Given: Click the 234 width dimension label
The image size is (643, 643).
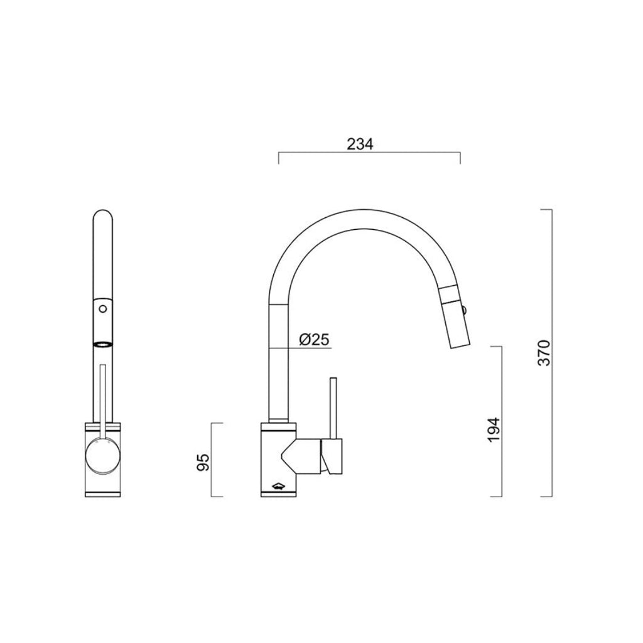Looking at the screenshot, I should [x=360, y=144].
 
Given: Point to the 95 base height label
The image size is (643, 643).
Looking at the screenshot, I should [x=203, y=461].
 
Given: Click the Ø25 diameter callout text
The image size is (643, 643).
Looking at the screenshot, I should [x=315, y=340].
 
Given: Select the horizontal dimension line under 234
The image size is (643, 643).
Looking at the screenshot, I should [x=369, y=153].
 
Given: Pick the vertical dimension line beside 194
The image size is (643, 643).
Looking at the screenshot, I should [x=501, y=421].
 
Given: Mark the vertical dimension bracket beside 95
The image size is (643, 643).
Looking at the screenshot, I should [x=222, y=460].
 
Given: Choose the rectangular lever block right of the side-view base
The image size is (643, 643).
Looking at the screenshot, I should [x=332, y=456].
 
